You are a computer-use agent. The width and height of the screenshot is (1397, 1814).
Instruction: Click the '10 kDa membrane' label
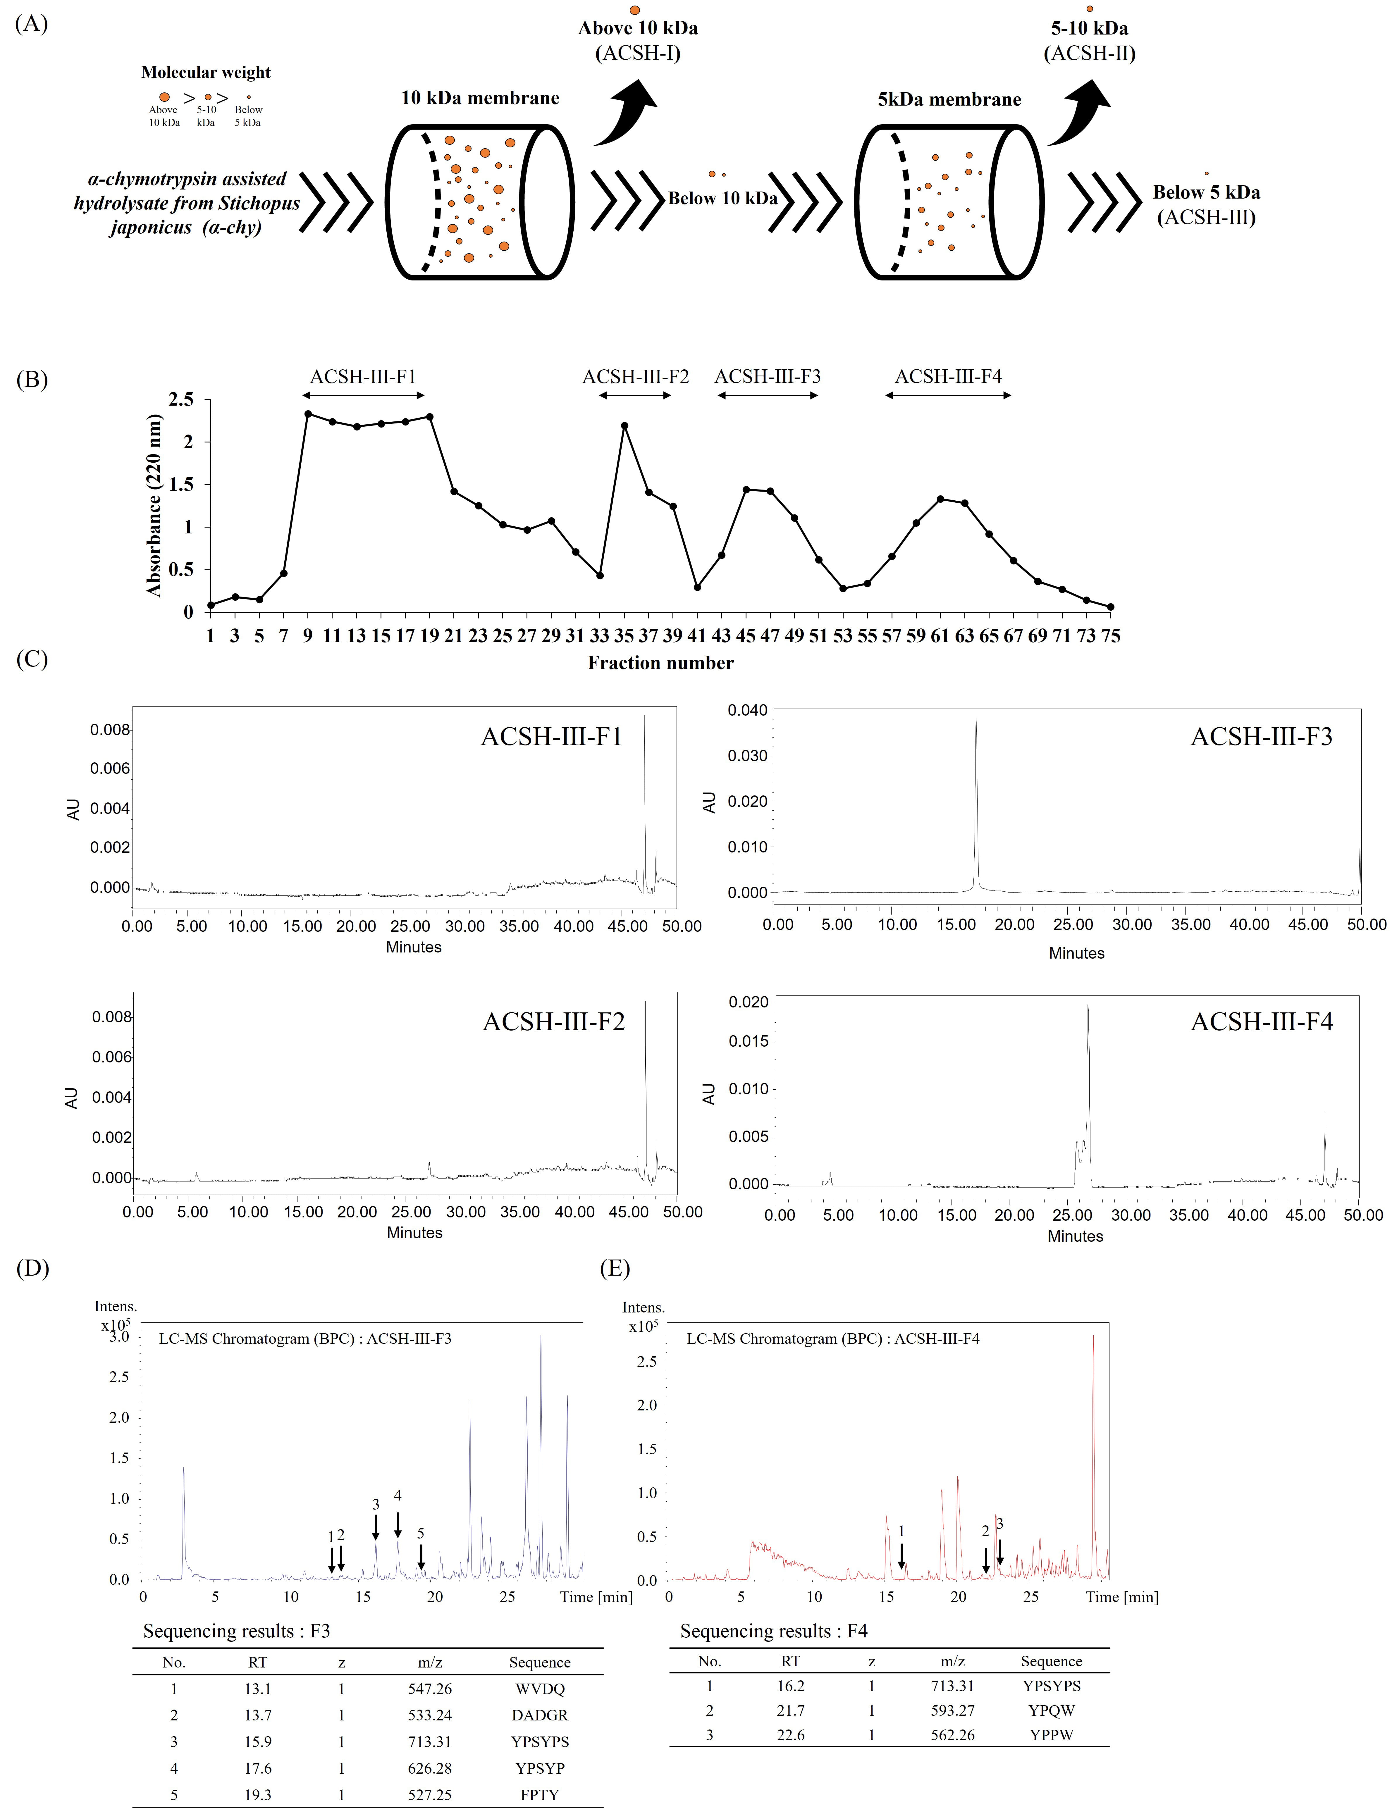click(x=480, y=98)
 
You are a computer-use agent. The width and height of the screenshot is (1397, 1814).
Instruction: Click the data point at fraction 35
click(x=624, y=426)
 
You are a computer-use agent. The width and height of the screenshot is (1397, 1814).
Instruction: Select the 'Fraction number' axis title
click(x=660, y=663)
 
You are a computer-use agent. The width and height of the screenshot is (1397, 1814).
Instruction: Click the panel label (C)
click(x=32, y=659)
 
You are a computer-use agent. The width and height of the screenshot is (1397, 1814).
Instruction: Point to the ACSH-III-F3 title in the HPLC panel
click(x=1261, y=737)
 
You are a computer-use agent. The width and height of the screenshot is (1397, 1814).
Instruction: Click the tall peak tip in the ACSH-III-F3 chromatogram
click(x=976, y=719)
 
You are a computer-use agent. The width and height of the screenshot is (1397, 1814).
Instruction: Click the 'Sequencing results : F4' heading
click(x=773, y=1631)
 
